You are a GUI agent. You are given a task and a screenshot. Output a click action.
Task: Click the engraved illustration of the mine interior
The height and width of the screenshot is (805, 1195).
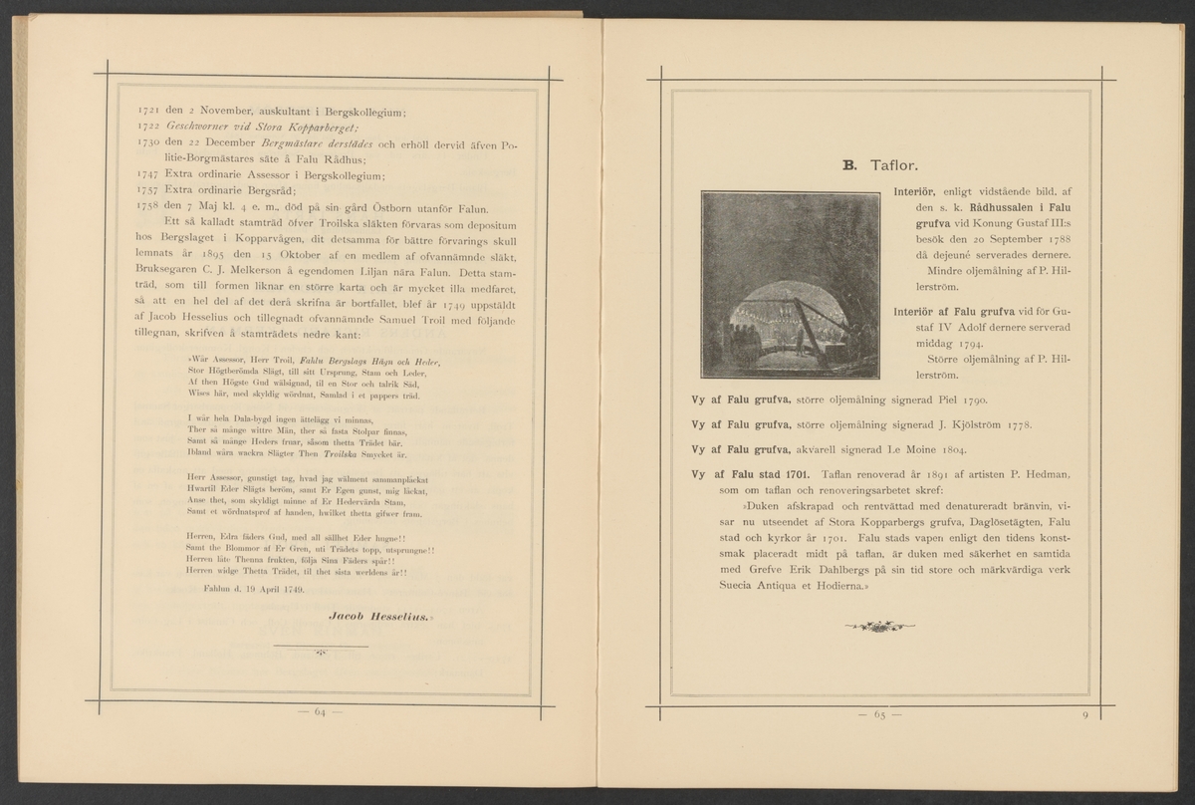[x=792, y=285]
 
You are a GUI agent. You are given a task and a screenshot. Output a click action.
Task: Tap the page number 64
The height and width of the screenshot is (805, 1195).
[x=321, y=712]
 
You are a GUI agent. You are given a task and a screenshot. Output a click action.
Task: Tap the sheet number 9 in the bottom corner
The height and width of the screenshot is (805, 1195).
[x=1082, y=714]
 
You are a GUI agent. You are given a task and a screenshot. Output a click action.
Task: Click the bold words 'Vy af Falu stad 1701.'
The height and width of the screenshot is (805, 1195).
[x=753, y=474]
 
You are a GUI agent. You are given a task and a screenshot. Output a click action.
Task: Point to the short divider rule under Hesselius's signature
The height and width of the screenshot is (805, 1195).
[x=321, y=648]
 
